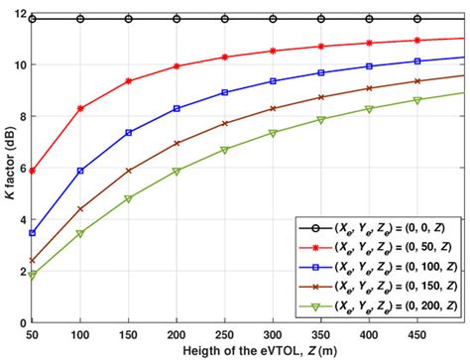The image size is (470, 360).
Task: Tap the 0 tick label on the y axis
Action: [x=24, y=323]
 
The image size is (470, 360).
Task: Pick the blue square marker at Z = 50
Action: [x=33, y=233]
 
